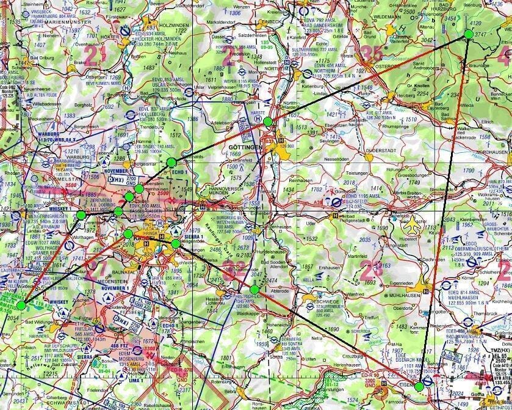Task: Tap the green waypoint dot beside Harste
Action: [268, 122]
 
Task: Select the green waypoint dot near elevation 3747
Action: [468, 34]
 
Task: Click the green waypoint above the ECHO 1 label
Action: [171, 162]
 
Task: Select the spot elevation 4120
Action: [492, 23]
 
